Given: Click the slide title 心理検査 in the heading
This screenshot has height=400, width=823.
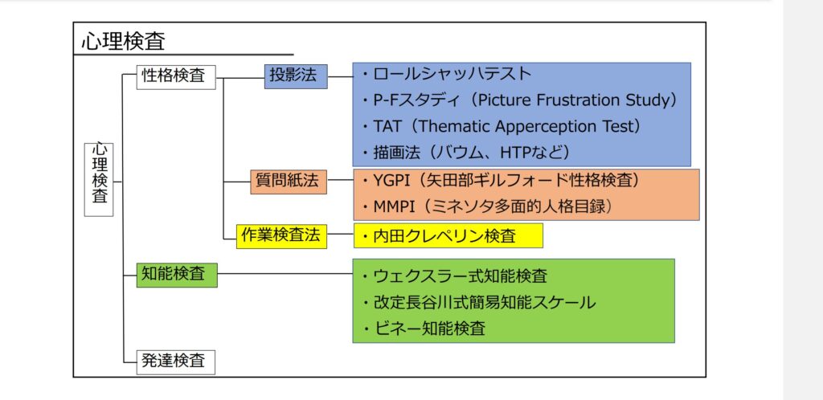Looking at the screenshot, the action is pyautogui.click(x=123, y=42).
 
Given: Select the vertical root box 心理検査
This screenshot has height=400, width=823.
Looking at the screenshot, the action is pyautogui.click(x=99, y=180).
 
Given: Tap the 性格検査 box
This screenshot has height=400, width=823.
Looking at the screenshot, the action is pyautogui.click(x=176, y=77).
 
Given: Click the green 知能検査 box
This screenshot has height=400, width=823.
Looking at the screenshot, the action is pyautogui.click(x=177, y=274).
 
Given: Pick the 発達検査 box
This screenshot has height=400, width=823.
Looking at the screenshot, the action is pyautogui.click(x=176, y=361).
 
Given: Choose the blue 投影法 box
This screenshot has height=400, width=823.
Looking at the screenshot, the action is pyautogui.click(x=296, y=76).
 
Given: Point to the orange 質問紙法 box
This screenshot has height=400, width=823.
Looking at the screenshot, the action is pyautogui.click(x=289, y=182).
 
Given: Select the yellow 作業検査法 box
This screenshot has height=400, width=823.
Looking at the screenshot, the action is pyautogui.click(x=281, y=236).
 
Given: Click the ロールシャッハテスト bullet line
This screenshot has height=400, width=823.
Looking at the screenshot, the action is pyautogui.click(x=447, y=74).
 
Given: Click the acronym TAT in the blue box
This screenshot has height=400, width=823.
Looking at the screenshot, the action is pyautogui.click(x=387, y=126).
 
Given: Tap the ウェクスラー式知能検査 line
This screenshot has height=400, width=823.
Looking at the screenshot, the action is pyautogui.click(x=455, y=276).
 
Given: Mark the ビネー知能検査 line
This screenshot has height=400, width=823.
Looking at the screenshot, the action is pyautogui.click(x=424, y=329).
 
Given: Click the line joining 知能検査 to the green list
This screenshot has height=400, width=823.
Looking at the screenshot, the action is pyautogui.click(x=285, y=273).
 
